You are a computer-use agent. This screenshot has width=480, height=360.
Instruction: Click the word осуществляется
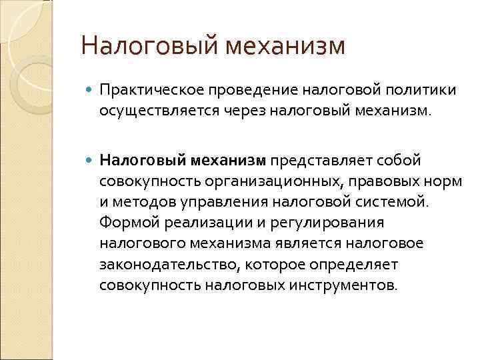pyautogui.click(x=150, y=109)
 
